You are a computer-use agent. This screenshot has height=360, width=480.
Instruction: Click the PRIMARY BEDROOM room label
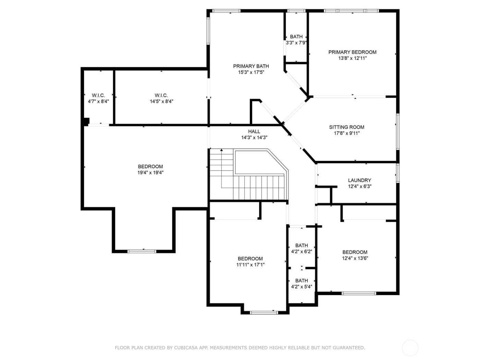(x=352, y=52)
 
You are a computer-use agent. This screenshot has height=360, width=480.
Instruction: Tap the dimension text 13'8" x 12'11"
(x=352, y=58)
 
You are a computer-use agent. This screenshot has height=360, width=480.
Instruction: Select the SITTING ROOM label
(x=347, y=127)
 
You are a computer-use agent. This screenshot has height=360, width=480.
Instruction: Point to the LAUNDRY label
(x=359, y=180)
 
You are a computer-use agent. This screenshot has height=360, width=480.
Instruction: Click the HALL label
(x=254, y=131)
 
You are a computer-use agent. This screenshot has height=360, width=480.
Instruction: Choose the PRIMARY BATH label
(x=251, y=66)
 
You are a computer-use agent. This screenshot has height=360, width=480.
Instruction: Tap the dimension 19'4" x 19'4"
(x=150, y=173)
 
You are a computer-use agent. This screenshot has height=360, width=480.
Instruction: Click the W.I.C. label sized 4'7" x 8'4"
(x=98, y=95)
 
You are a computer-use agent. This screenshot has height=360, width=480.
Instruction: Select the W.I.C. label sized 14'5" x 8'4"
(x=161, y=95)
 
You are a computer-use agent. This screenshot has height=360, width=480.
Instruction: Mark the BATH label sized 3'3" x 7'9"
(x=296, y=37)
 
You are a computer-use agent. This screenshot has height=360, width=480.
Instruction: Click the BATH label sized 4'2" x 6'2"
(x=301, y=245)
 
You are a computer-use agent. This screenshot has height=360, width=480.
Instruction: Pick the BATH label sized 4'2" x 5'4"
(x=301, y=280)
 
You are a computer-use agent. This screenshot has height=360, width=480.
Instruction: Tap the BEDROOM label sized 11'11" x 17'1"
(x=250, y=259)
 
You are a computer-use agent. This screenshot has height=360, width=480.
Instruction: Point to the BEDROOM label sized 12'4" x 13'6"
(x=355, y=252)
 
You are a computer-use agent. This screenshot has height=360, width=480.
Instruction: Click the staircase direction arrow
(x=221, y=150)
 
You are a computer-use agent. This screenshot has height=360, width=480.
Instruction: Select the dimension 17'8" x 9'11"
(x=347, y=133)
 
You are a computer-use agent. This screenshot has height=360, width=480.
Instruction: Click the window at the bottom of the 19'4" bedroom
(x=142, y=251)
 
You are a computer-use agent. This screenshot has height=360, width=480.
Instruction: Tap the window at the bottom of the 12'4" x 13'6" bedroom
(x=359, y=293)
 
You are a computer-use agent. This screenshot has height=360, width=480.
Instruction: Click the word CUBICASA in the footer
(x=181, y=348)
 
